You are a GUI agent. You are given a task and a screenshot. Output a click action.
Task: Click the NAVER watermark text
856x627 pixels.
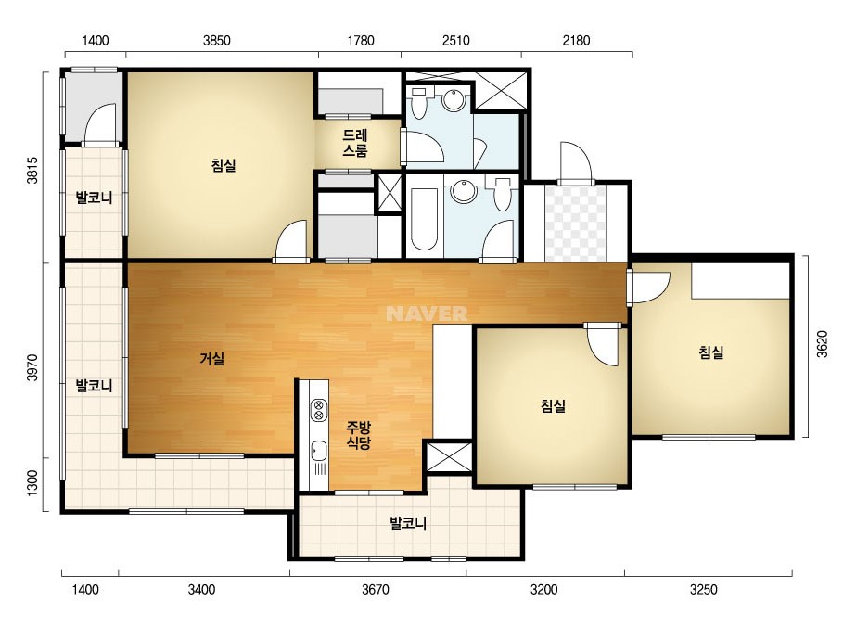coord(427,313)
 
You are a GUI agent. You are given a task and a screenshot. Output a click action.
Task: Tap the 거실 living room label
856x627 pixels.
coord(211,359)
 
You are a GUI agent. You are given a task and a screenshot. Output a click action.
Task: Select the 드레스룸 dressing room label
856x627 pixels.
coord(355,143)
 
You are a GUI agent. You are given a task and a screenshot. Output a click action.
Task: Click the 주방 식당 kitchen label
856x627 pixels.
coord(359,435)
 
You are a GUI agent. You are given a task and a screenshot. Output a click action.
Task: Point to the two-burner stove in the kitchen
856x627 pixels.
coord(319,410)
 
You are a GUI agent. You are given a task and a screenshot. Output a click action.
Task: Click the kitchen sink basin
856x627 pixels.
coord(318,451)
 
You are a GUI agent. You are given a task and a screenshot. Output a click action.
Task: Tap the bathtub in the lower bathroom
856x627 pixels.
coord(424,219)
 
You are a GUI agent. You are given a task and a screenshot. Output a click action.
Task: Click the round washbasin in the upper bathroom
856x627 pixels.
coord(454,100)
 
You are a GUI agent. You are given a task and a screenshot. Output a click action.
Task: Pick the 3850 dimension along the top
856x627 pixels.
coord(217,41)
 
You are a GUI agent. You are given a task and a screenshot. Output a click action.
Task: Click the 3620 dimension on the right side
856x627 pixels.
coord(823,344)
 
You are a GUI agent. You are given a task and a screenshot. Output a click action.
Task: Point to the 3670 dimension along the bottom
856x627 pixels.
coord(376,590)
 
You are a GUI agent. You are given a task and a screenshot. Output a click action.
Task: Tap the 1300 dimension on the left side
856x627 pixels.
coord(32,483)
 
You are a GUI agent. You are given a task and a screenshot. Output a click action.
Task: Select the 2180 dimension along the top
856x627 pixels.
coord(577,41)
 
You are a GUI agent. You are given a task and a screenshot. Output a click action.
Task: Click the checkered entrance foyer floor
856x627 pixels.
coord(575,224)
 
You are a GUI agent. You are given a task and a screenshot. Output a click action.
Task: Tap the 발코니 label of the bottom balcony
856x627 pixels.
coord(408,523)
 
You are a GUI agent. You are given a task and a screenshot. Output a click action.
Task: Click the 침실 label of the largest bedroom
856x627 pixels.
coord(224,165)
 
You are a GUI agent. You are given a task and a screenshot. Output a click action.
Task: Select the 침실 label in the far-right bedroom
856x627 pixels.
coord(711,352)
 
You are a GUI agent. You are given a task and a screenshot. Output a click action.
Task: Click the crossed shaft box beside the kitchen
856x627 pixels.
coord(448,457)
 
